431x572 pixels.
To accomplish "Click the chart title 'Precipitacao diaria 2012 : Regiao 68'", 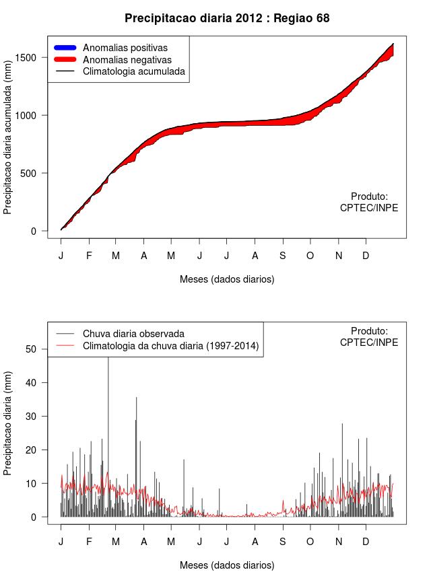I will (227, 18).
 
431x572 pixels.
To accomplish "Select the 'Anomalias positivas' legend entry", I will (125, 48).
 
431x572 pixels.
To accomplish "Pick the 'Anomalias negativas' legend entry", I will (127, 60).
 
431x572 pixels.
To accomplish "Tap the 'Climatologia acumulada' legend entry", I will (133, 71).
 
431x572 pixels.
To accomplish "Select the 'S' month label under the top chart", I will (282, 256).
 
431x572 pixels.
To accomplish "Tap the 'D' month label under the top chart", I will (366, 256).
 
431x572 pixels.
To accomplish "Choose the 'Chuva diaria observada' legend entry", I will (133, 334).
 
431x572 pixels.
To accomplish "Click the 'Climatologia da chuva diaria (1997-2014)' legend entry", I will (170, 346).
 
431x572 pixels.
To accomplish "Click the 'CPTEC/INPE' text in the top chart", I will (369, 208).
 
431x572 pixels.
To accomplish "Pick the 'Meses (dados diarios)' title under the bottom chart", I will (227, 565).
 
